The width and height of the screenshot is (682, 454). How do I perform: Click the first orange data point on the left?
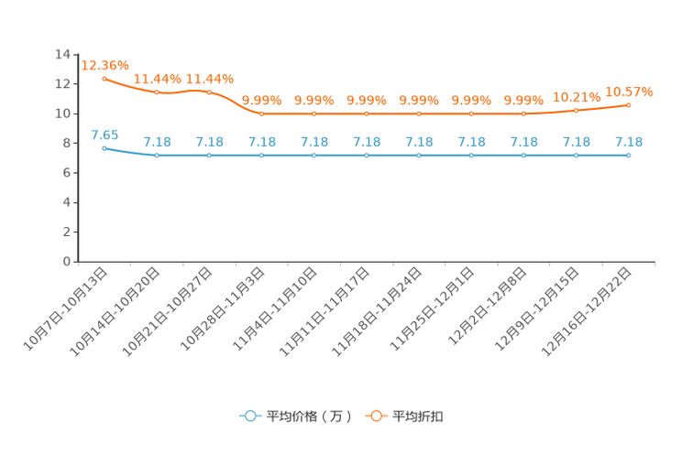click(x=104, y=79)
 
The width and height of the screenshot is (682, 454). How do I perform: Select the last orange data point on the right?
click(x=629, y=103)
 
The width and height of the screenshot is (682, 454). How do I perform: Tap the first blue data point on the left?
click(x=104, y=147)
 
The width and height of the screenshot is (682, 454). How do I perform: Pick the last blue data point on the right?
click(x=629, y=156)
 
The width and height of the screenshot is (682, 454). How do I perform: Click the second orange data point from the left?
click(x=158, y=92)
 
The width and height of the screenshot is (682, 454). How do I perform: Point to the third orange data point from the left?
click(x=210, y=92)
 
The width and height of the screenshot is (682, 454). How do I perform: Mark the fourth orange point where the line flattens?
click(x=262, y=113)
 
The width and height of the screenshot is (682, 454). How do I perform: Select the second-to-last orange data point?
click(x=576, y=110)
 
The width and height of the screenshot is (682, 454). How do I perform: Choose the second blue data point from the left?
click(x=158, y=156)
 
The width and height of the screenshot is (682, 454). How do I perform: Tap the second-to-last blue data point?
click(x=576, y=156)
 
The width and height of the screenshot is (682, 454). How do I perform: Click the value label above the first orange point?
click(x=104, y=64)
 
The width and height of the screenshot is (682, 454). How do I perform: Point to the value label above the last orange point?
click(x=629, y=91)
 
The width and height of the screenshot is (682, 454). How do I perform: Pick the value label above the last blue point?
click(x=629, y=142)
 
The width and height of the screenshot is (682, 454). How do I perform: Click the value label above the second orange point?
click(x=158, y=79)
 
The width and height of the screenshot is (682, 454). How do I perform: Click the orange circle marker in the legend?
click(x=376, y=416)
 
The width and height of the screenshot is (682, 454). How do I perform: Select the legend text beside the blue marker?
click(x=308, y=416)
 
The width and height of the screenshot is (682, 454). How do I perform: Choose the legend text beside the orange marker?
click(x=419, y=416)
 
